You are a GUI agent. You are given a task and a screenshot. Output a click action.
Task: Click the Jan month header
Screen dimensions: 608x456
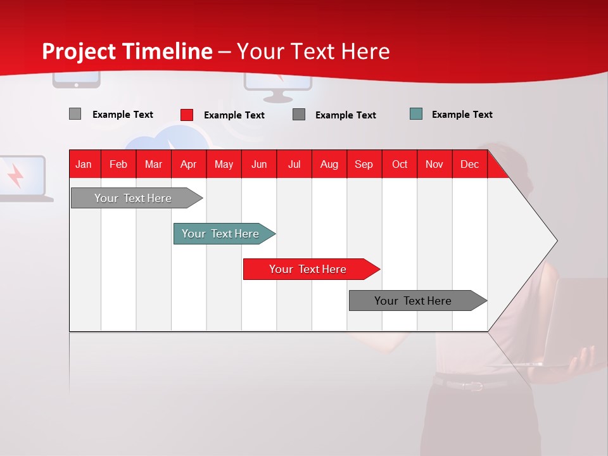84,165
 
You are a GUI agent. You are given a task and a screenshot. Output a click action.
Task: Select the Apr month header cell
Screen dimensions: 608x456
189,164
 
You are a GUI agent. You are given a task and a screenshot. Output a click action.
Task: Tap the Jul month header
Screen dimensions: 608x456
294,165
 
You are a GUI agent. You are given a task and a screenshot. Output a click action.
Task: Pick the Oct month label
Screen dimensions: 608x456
400,165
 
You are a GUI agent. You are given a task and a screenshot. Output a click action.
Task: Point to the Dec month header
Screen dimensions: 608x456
469,165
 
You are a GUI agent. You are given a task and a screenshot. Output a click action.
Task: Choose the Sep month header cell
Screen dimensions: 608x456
364,164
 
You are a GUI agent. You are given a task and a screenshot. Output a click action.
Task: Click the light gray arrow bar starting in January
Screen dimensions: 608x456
137,198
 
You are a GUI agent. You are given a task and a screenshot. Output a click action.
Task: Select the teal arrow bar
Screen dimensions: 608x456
224,234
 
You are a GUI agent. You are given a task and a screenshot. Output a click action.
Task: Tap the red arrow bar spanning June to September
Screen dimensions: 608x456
312,269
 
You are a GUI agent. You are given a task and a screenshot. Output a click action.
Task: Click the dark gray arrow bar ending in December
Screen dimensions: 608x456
418,300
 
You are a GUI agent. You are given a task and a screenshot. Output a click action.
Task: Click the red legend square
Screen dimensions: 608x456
187,115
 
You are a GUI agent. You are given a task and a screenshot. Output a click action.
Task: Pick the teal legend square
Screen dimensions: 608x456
416,114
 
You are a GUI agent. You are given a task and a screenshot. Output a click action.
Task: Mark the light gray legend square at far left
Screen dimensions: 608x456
75,113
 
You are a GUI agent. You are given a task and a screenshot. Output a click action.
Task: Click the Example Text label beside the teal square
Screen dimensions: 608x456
462,115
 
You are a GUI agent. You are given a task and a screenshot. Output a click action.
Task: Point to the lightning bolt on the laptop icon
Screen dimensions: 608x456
15,175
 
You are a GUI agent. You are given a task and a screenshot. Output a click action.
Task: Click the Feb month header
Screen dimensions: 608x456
118,165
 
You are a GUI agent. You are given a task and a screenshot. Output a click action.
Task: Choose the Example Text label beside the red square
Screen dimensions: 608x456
234,115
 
